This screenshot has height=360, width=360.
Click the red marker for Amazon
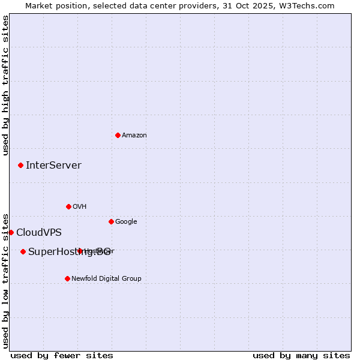118,135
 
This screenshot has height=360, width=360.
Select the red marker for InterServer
20,165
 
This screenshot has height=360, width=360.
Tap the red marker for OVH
68,206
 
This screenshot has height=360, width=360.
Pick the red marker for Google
111,221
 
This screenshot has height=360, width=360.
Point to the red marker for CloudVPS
11,232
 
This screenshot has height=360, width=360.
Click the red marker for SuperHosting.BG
23,251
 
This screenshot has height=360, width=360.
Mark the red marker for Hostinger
80,251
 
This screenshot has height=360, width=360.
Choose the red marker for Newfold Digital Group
67,278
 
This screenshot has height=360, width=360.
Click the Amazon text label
134,135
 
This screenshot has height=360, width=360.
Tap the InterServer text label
53,165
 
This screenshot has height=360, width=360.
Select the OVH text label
80,206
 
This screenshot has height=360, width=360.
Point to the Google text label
126,221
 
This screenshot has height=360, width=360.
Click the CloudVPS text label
39,232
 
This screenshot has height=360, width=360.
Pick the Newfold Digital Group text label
106,278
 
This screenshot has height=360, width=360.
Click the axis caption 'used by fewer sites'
62,355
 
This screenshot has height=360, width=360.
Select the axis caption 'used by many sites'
301,355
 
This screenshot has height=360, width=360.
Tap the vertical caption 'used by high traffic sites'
5,85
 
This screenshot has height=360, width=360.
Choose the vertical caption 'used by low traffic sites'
5,280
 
